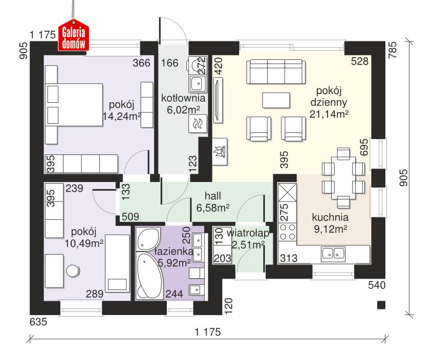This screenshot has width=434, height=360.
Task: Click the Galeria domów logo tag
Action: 73,38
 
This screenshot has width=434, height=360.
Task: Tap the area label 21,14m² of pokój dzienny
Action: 329,114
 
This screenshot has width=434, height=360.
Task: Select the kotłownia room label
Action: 183,98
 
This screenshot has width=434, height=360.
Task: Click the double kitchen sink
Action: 333,252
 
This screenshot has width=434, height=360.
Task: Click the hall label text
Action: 212,196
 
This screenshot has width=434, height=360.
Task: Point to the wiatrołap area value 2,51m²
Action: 248,245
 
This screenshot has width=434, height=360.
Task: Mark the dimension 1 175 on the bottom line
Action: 207,332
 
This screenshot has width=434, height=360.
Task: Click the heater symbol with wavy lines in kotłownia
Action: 197,123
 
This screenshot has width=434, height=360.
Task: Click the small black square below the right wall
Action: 380,305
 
